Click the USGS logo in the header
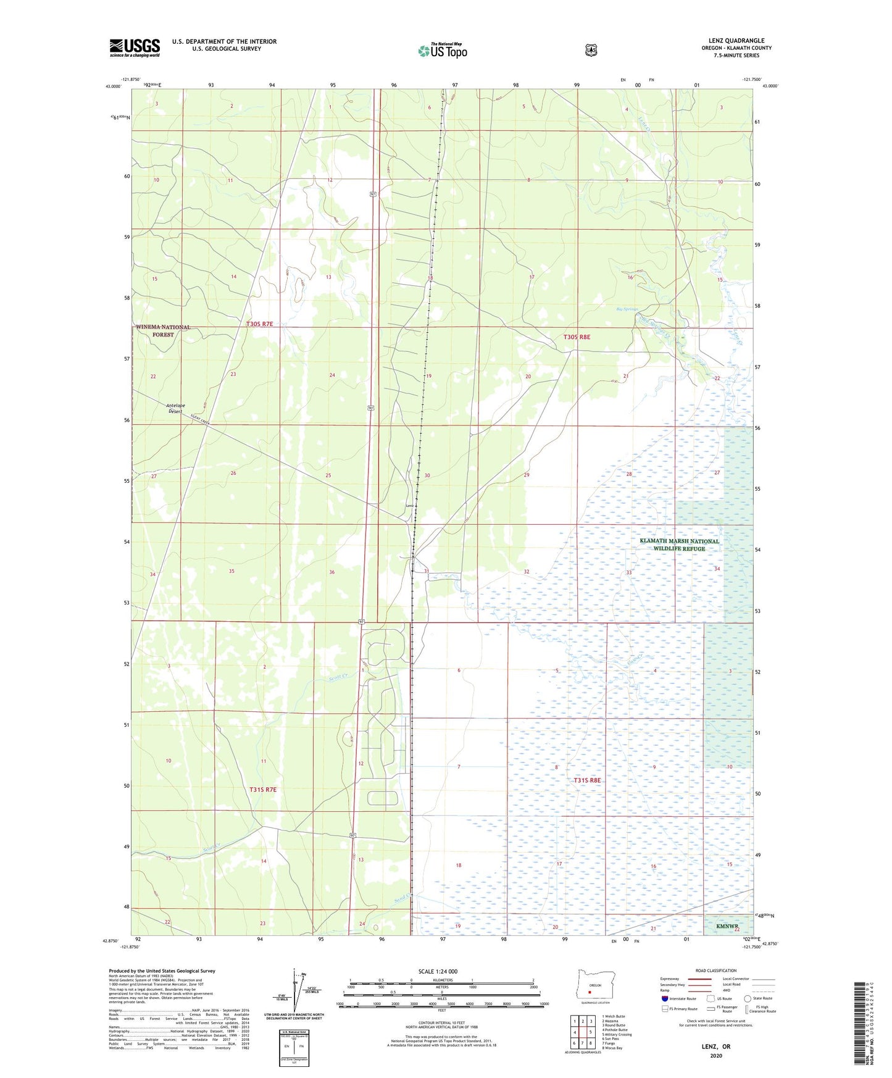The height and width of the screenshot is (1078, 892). coord(135,47)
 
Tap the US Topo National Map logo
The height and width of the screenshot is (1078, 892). coord(443,51)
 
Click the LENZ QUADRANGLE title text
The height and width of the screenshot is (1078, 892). coord(736,41)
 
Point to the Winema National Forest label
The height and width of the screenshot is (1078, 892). coord(164,330)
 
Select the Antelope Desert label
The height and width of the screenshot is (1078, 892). coord(175,408)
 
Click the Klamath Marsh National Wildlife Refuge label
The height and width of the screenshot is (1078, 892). coord(679,545)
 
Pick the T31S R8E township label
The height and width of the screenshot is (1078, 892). coord(587,780)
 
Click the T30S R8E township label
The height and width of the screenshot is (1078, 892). coord(577,337)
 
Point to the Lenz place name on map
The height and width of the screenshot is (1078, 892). coord(409,506)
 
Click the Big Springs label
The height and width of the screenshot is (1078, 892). coord(627,309)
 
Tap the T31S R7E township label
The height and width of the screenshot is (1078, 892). coord(263,789)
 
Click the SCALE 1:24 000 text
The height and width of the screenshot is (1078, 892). coord(438,971)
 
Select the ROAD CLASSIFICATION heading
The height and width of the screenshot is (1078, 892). coord(715,971)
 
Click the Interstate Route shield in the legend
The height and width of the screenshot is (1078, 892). coord(665,998)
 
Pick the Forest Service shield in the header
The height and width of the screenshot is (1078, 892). coord(591,50)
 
